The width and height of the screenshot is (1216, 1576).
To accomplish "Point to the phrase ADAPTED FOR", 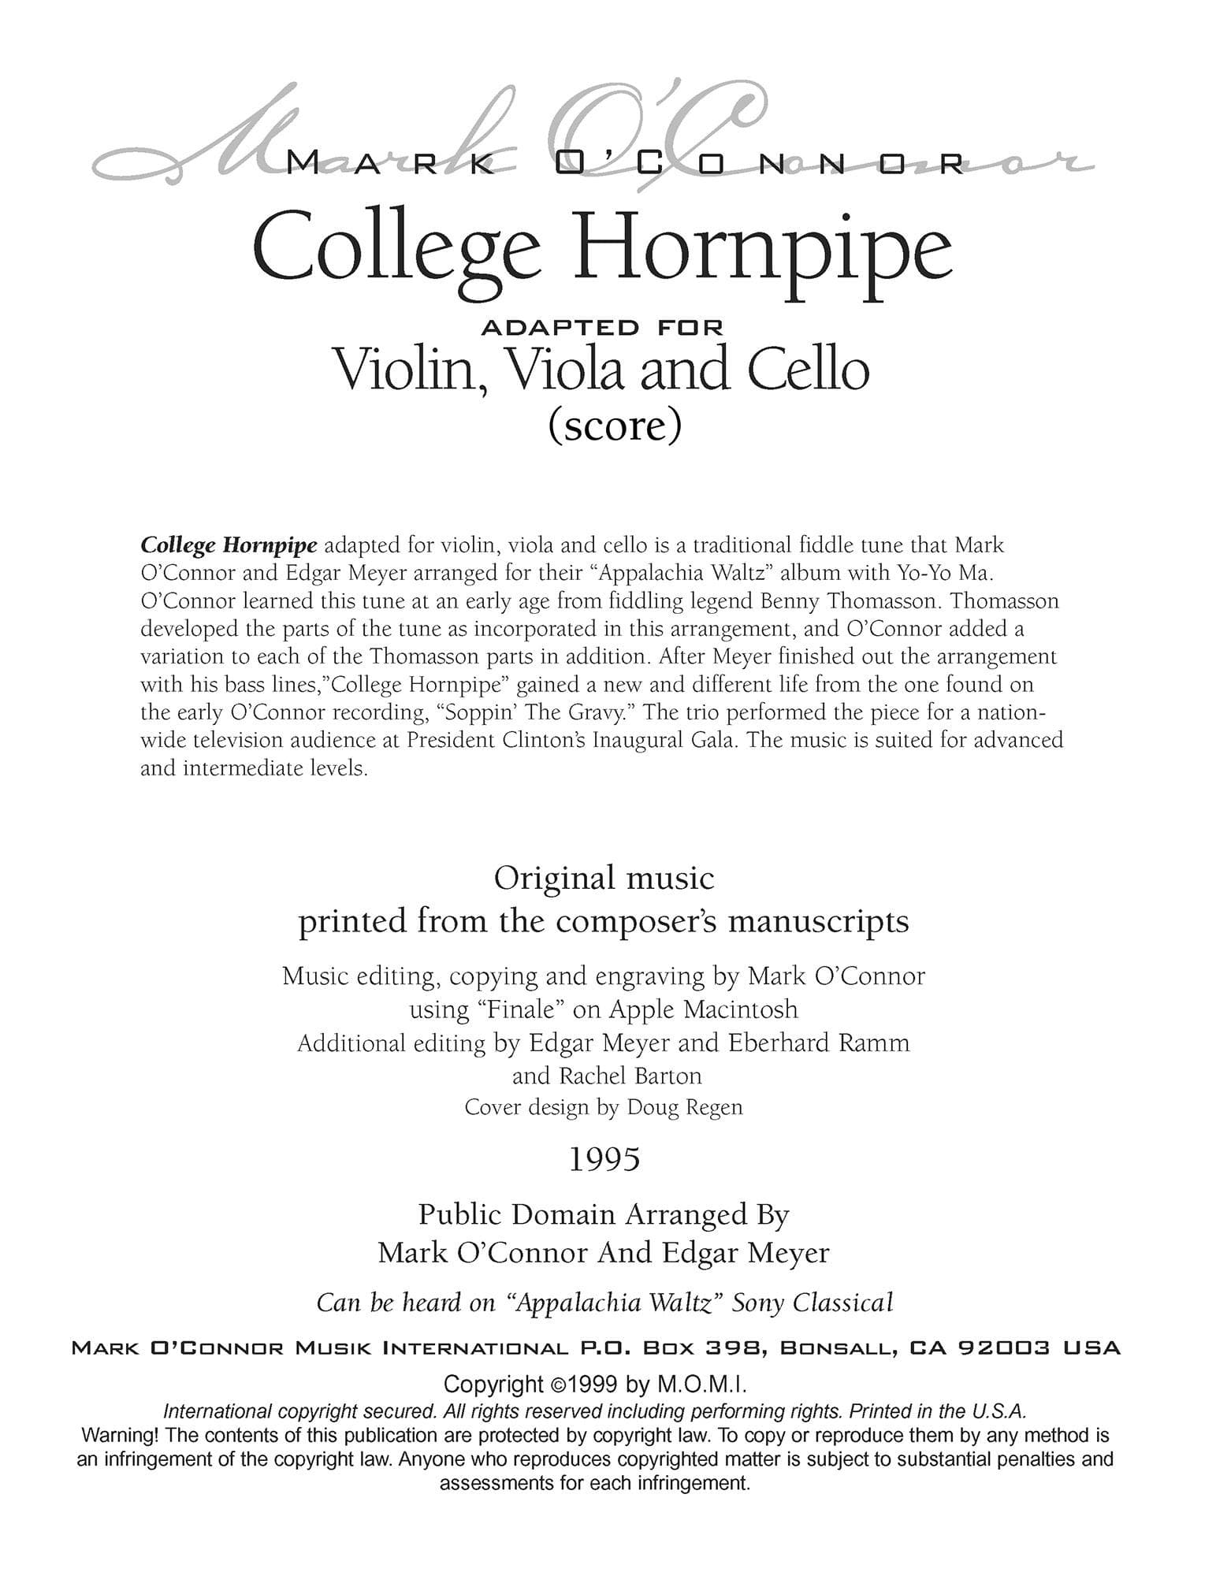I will [602, 325].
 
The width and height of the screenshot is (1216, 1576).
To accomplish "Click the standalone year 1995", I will [604, 1159].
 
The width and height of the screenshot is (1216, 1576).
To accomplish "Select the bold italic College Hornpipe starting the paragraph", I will [229, 545].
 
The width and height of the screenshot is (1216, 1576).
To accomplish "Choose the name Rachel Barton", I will [630, 1076].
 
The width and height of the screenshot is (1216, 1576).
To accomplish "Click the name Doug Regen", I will [684, 1107].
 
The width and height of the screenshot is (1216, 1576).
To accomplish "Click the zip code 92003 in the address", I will [1003, 1348].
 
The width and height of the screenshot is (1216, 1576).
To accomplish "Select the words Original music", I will [604, 878].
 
